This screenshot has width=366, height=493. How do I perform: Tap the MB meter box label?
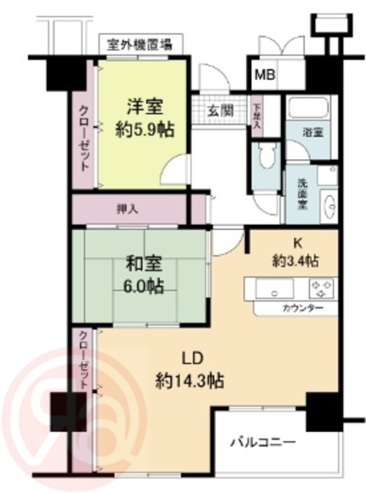(265, 76)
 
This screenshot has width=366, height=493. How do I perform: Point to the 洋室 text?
(145, 107)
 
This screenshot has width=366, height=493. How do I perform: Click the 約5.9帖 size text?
(145, 129)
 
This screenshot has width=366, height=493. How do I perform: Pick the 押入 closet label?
(127, 208)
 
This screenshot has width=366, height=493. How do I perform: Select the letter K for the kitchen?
(298, 242)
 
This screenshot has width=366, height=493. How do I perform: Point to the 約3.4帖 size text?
(296, 261)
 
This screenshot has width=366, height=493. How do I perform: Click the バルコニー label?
(263, 441)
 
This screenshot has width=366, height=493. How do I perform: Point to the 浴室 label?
(314, 132)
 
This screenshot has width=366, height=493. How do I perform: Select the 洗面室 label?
(302, 194)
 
